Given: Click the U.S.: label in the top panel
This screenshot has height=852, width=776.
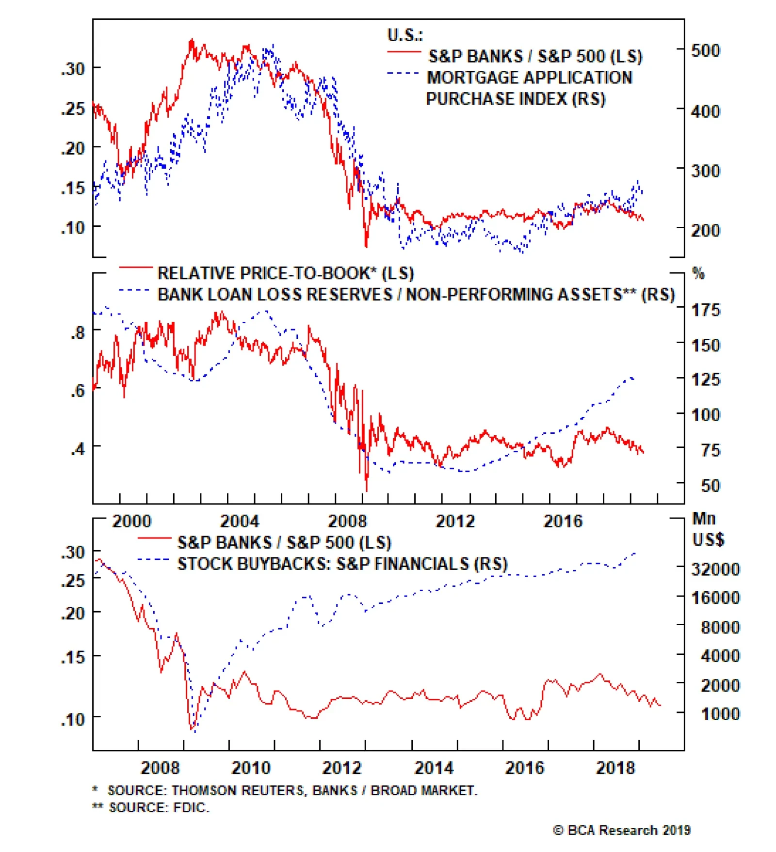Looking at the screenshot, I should [x=404, y=35].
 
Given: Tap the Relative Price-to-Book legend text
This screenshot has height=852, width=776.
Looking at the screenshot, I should [x=285, y=273].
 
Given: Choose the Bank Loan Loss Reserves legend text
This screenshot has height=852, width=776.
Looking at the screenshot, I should [x=416, y=294].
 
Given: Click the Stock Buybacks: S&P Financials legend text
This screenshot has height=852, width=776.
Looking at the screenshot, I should [x=342, y=564].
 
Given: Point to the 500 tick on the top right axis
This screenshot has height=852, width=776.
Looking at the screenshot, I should [x=705, y=50].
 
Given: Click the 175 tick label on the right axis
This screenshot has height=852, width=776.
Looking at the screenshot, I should [x=705, y=310].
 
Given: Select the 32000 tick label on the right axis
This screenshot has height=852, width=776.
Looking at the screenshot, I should [x=715, y=569].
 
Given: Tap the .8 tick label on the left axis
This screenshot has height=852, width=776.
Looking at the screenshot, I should [x=78, y=333].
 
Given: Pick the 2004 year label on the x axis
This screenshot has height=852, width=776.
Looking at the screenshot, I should [x=240, y=521].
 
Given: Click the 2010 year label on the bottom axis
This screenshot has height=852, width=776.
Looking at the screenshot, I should [x=251, y=768].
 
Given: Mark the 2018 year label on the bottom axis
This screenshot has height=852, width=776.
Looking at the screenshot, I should [x=615, y=768].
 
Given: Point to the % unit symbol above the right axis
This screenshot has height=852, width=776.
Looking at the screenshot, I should [x=698, y=273].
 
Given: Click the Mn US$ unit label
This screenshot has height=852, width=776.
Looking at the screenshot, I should [x=708, y=529].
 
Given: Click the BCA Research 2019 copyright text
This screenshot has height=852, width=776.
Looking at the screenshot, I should [x=622, y=830].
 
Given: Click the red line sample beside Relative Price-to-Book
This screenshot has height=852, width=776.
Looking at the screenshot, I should [x=136, y=267].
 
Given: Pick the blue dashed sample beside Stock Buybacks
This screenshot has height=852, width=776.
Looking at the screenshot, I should [x=153, y=560].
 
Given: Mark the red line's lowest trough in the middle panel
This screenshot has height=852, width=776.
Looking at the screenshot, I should [x=366, y=490].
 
